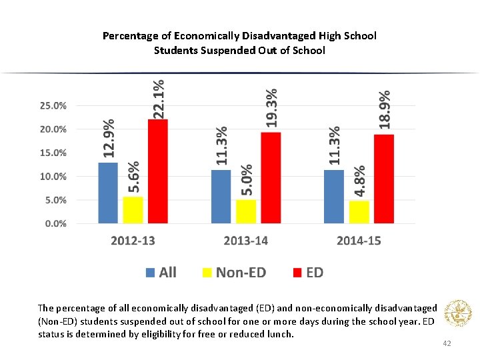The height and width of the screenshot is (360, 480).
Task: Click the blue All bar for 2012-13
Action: [x=108, y=193]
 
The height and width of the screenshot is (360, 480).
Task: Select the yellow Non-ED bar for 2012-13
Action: [x=133, y=210]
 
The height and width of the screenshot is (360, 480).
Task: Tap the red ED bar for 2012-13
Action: [x=158, y=171]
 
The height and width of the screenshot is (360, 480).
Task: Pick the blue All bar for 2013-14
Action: [x=221, y=197]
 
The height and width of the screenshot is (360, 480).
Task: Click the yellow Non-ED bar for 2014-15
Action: [x=359, y=212]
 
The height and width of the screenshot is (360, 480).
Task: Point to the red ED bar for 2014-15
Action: [x=384, y=179]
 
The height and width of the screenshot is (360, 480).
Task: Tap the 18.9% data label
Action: [x=385, y=110]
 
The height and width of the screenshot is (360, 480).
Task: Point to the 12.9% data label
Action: [x=108, y=139]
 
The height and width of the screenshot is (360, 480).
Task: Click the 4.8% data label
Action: [x=359, y=181]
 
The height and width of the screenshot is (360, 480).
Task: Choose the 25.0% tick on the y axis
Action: [x=53, y=105]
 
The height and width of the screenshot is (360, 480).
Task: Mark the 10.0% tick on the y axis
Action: [x=53, y=177]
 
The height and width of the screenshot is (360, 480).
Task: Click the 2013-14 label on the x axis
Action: [x=246, y=241]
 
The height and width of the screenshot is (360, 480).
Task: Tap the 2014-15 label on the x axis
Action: [x=359, y=241]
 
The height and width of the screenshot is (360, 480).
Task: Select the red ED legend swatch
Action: [x=297, y=272]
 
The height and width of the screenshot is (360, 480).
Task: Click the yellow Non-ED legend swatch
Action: [x=207, y=272]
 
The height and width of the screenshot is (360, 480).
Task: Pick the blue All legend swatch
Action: [x=150, y=272]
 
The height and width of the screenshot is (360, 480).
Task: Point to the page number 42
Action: [x=447, y=343]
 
